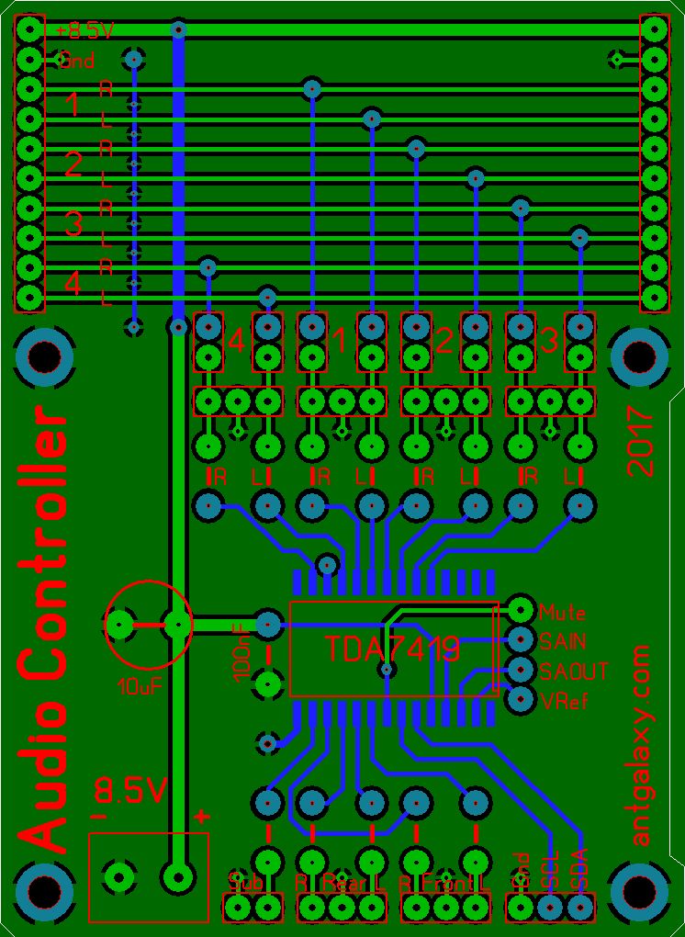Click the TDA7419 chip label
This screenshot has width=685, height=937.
point(392,649)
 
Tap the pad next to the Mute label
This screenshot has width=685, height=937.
point(521,608)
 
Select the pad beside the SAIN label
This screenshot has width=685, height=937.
point(521,638)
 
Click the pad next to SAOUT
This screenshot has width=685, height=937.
point(521,669)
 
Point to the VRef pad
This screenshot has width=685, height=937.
point(521,699)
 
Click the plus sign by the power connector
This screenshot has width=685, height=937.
point(201,816)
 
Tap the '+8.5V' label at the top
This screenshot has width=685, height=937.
point(85,31)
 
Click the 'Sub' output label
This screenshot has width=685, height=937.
point(245,882)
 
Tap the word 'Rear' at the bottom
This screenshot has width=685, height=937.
point(342,883)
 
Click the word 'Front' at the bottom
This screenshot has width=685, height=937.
point(445,883)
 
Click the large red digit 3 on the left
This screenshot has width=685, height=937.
point(73,224)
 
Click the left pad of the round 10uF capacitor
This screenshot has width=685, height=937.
point(119,626)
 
